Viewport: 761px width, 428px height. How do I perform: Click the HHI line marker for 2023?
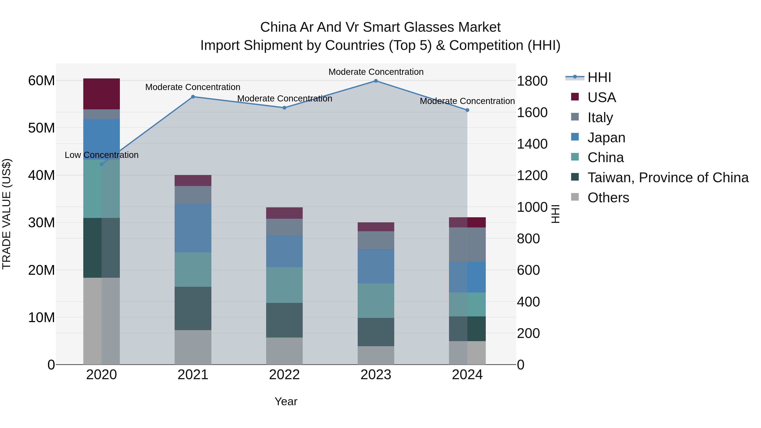point(376,81)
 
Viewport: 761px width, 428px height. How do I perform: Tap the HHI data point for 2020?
point(102,164)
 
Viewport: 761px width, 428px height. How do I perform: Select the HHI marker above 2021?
point(193,97)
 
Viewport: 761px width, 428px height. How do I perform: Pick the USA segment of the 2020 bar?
point(102,94)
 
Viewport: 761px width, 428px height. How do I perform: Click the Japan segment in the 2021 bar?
point(193,228)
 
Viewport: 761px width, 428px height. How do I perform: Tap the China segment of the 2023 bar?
point(376,301)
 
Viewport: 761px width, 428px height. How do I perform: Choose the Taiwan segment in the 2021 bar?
point(193,308)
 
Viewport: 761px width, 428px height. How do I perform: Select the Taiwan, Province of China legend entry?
point(668,178)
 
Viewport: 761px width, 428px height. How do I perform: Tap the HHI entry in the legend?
point(599,77)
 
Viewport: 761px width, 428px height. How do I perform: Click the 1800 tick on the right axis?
point(532,81)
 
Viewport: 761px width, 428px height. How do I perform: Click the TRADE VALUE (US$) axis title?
point(7,214)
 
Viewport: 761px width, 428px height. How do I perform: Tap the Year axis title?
point(286,401)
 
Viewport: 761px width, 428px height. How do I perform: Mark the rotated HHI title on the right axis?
point(555,214)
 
